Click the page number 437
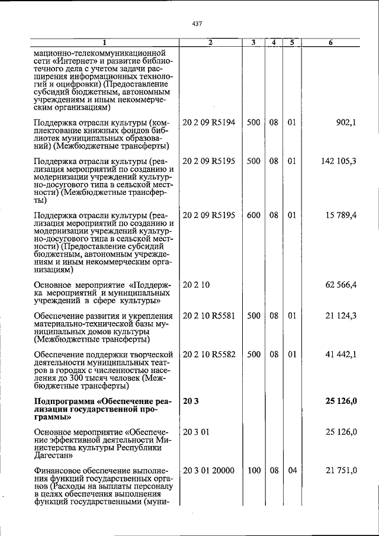(198, 24)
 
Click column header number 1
(104, 43)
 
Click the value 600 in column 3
(253, 215)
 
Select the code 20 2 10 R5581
(209, 316)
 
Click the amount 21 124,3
(341, 316)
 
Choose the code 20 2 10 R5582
(209, 354)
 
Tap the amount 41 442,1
(341, 354)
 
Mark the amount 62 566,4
(341, 285)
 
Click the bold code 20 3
(190, 402)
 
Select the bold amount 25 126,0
(341, 402)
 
